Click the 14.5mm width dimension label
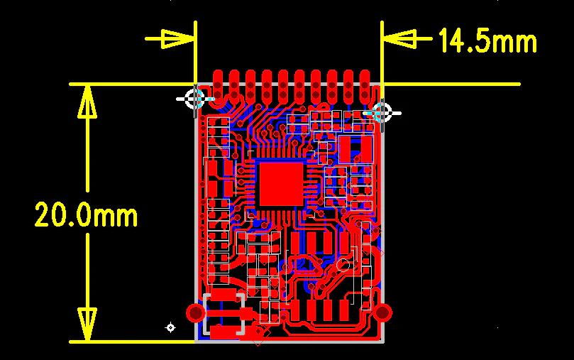point(487,40)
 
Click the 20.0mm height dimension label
point(86,214)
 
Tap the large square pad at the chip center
point(282,184)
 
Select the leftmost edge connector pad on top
point(218,86)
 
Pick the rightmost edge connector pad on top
point(365,86)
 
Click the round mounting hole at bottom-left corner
point(196,312)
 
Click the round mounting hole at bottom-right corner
point(382,312)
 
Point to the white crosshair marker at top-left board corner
point(194,99)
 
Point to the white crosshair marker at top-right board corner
point(382,113)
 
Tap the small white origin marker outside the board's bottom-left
point(170,327)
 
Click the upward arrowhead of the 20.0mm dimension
point(87,102)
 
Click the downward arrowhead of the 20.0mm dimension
point(87,324)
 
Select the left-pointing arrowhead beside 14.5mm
point(399,38)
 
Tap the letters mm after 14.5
point(514,42)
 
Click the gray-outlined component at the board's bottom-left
point(224,314)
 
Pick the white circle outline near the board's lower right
point(343,264)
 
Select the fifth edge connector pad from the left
point(283,86)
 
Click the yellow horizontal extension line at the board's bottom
point(132,342)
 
